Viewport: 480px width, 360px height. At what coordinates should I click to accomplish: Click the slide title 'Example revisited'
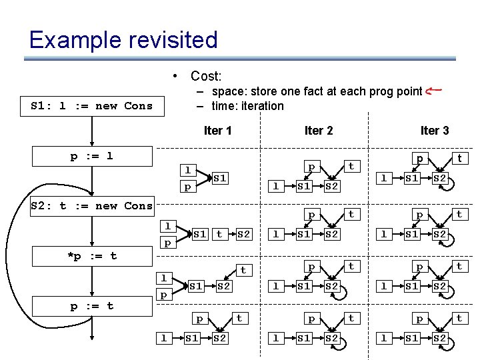[x=123, y=40]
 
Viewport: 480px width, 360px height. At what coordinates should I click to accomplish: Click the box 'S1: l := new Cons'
[x=92, y=105]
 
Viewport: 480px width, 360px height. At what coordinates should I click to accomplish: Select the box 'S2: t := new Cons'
[x=92, y=205]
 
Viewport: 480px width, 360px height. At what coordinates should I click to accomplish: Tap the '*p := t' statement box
[x=92, y=256]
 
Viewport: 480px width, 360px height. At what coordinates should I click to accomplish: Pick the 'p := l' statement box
[x=92, y=156]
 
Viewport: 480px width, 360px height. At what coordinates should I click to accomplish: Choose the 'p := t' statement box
[x=92, y=306]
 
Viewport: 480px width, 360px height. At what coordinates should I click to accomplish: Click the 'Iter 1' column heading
[x=217, y=130]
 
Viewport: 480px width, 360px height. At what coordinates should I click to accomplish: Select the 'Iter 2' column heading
[x=318, y=130]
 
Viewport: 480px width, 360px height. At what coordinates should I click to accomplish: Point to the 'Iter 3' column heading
[x=434, y=130]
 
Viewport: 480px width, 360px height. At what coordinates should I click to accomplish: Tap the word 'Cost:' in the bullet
[x=206, y=77]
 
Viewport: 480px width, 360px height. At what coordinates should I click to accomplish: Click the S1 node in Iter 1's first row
[x=220, y=178]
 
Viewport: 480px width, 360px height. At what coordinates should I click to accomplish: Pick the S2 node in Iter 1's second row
[x=243, y=234]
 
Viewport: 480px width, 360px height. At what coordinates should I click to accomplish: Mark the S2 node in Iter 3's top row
[x=440, y=178]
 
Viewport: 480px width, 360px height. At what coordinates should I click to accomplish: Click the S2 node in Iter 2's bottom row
[x=332, y=339]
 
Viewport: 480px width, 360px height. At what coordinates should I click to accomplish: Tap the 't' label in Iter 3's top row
[x=459, y=159]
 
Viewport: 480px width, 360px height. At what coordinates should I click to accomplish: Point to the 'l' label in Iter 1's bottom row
[x=163, y=339]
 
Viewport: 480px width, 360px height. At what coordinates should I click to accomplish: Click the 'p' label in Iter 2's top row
[x=311, y=165]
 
